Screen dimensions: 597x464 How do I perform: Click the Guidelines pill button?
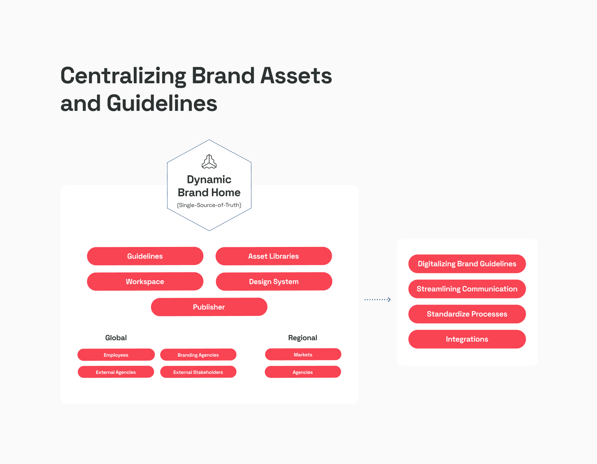click(145, 256)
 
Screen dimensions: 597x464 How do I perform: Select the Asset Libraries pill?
click(274, 256)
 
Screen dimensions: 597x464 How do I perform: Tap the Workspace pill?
click(145, 281)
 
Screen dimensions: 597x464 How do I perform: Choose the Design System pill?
click(274, 281)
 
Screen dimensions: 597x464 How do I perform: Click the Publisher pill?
click(209, 307)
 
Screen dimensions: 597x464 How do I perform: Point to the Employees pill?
click(116, 355)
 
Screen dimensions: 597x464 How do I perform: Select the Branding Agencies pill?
click(198, 355)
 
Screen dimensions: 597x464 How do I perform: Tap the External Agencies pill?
click(116, 372)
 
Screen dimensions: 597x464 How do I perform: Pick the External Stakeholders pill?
click(198, 372)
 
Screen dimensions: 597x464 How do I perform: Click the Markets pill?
click(303, 354)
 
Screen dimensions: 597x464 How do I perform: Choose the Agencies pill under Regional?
click(303, 372)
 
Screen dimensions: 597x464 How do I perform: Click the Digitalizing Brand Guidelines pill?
click(467, 263)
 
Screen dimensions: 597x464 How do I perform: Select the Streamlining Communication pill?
click(467, 289)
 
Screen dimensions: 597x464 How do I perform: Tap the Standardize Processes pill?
click(467, 314)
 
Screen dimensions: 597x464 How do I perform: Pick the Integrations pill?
click(467, 339)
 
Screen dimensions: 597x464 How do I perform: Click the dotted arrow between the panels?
click(377, 299)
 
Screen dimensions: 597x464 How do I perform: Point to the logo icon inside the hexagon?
click(209, 161)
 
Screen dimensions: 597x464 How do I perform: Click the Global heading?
click(116, 337)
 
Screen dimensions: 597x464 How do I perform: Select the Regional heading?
click(302, 338)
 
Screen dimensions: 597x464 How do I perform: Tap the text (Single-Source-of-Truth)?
click(209, 205)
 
